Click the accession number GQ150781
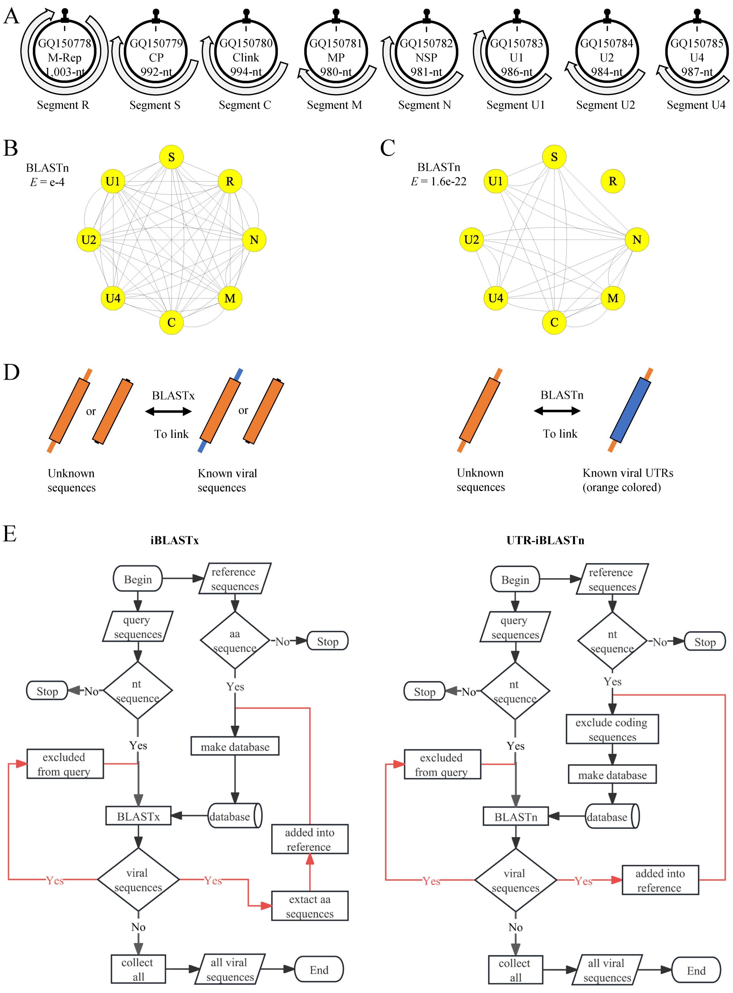pyautogui.click(x=335, y=43)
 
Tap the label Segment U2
pyautogui.click(x=605, y=105)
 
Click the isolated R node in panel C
pyautogui.click(x=612, y=181)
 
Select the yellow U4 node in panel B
pyautogui.click(x=113, y=298)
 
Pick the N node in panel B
pyautogui.click(x=254, y=240)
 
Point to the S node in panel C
pyautogui.click(x=554, y=157)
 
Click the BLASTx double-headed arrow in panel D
pyautogui.click(x=169, y=412)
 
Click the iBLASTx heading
pyautogui.click(x=174, y=540)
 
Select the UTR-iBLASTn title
pyautogui.click(x=545, y=540)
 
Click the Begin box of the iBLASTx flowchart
pyautogui.click(x=138, y=579)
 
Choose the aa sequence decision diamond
pyautogui.click(x=235, y=641)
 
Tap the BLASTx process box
pyautogui.click(x=139, y=817)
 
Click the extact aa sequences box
pyautogui.click(x=310, y=906)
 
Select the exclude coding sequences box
pyautogui.click(x=612, y=730)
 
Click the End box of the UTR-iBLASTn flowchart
pyautogui.click(x=696, y=971)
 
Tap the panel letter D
pyautogui.click(x=11, y=372)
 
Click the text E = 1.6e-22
pyautogui.click(x=438, y=181)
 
